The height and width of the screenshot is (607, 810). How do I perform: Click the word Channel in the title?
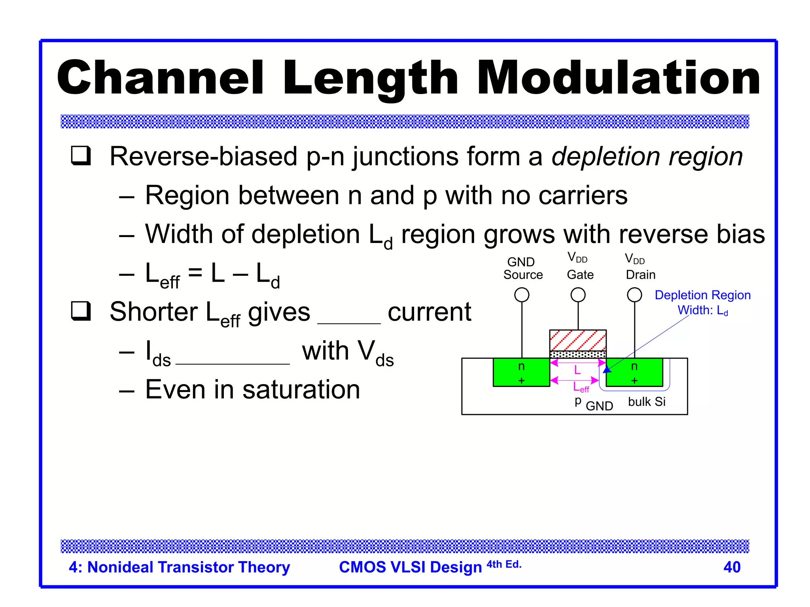(160, 78)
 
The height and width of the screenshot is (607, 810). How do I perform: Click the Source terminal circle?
(522, 295)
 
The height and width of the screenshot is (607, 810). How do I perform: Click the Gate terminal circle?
(578, 295)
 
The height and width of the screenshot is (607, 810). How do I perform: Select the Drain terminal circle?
(634, 295)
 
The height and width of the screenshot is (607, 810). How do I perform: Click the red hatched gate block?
(578, 340)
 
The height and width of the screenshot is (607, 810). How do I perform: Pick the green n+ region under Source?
(521, 373)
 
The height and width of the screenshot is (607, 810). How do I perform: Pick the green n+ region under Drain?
(634, 373)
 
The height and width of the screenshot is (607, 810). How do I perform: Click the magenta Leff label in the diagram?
(581, 388)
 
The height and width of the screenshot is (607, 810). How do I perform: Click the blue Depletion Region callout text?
(702, 296)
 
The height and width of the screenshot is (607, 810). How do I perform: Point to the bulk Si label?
(647, 402)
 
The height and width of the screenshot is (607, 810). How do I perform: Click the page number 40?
(732, 567)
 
